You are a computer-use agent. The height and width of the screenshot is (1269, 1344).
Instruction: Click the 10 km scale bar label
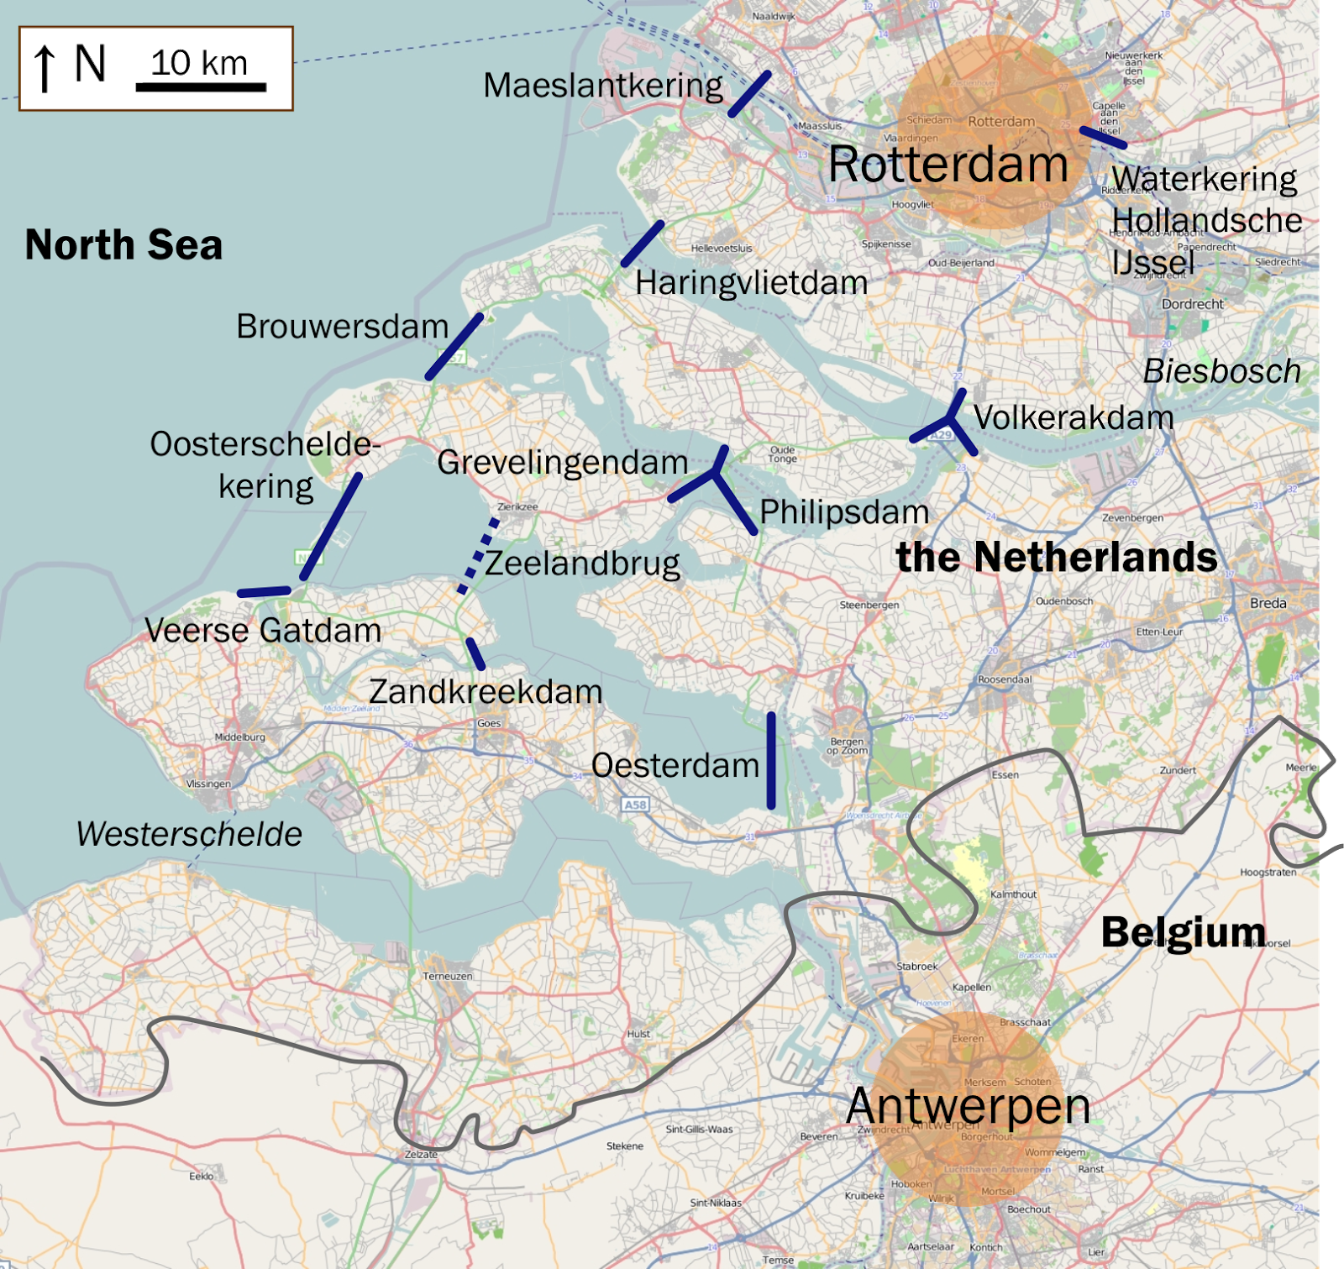[x=199, y=63]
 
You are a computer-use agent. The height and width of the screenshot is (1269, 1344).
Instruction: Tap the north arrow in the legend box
[x=45, y=68]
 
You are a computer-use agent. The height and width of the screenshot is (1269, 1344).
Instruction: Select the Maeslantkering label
[x=602, y=86]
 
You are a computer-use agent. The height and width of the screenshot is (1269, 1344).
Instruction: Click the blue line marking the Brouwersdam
[x=454, y=346]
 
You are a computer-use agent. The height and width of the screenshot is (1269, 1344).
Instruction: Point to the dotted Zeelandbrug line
[x=478, y=557]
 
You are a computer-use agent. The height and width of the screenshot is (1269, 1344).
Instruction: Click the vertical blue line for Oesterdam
[x=770, y=760]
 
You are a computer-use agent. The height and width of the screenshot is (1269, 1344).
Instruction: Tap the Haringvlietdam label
[x=751, y=283]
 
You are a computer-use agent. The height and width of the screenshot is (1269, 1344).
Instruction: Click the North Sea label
[x=123, y=245]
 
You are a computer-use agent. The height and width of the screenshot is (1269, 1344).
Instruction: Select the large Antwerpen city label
[x=968, y=1105]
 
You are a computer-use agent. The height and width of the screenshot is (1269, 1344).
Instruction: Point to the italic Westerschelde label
[x=189, y=834]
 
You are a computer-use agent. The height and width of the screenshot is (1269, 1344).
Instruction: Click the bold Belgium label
[x=1183, y=932]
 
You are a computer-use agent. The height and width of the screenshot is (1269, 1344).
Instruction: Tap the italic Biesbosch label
[x=1221, y=371]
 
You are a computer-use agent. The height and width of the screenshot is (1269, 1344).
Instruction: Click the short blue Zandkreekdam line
[x=475, y=654]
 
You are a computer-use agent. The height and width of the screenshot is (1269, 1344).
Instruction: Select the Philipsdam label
[x=843, y=512]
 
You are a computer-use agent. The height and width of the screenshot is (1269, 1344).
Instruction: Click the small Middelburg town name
[x=240, y=737]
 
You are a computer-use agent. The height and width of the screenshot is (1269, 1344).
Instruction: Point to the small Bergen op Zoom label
[x=847, y=746]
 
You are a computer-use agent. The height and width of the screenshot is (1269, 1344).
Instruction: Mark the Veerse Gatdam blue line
[x=264, y=592]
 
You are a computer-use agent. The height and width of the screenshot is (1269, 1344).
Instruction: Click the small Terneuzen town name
[x=448, y=976]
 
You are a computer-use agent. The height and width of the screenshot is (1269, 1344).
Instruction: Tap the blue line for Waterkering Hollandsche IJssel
[x=1102, y=138]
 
